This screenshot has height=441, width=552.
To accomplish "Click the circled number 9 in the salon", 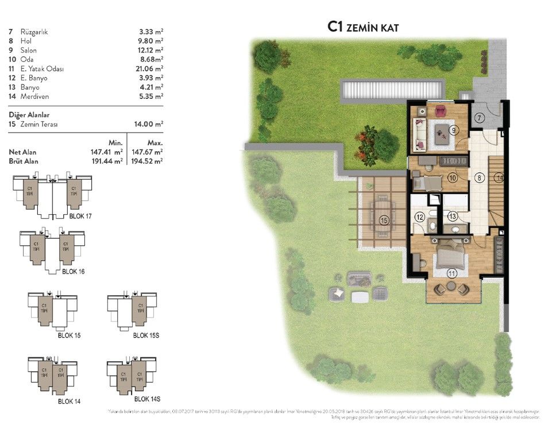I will [x=454, y=130].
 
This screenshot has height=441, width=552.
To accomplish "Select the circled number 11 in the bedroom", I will [x=452, y=273].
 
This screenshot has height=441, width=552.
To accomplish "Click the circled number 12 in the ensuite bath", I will [x=419, y=217].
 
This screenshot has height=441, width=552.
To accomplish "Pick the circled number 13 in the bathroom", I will [x=452, y=216].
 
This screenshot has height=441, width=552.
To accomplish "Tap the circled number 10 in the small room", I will [x=453, y=178].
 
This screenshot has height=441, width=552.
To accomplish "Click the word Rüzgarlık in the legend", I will [x=34, y=32].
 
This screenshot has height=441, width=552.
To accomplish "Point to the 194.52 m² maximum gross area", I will [x=147, y=161].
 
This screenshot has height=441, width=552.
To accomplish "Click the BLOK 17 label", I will [x=80, y=216].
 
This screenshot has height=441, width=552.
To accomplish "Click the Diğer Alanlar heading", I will [x=29, y=114].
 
